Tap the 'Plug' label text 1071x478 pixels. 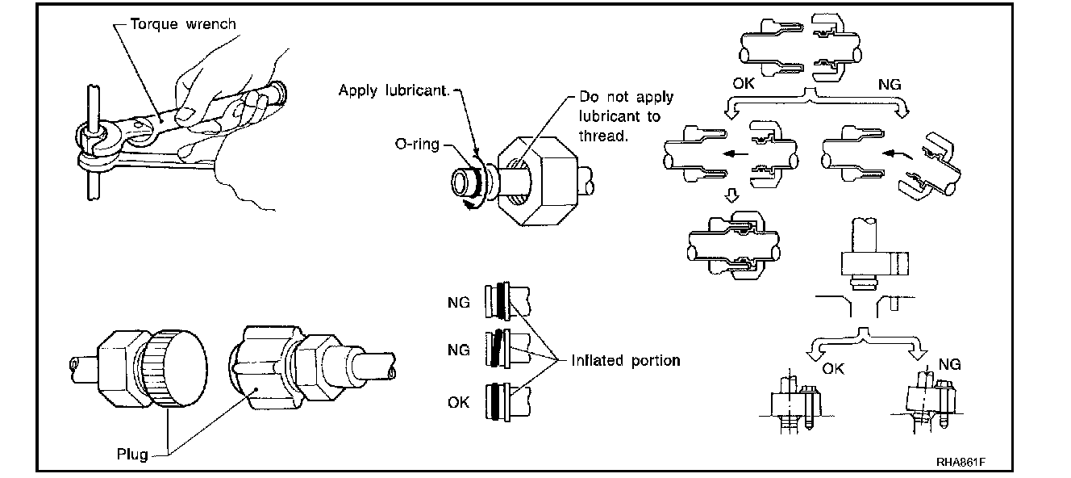tap(132, 454)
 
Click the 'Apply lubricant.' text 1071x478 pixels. tap(394, 90)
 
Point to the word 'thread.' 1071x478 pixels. tap(603, 136)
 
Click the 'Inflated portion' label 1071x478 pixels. tap(625, 360)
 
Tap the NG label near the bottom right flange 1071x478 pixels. tap(949, 365)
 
